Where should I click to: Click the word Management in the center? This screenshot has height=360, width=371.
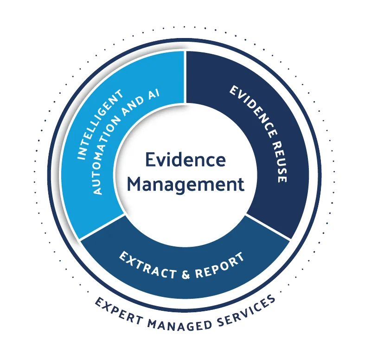(x=186, y=184)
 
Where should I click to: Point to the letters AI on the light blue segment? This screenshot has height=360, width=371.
(x=154, y=95)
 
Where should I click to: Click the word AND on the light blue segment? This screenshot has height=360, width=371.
(x=133, y=106)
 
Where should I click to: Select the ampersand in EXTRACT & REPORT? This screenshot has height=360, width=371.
(x=186, y=274)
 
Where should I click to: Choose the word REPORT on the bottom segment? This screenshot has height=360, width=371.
(x=219, y=265)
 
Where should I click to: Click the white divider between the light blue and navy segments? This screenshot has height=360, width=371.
(x=185, y=77)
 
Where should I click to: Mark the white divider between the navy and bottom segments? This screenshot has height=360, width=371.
(x=268, y=227)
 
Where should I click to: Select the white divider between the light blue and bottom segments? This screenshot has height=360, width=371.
(x=102, y=227)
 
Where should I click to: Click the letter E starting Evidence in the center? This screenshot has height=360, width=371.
(x=150, y=160)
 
